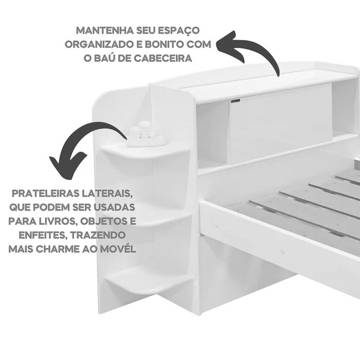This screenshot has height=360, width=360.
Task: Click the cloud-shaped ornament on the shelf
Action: coord(146,135)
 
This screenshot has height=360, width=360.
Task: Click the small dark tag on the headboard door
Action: coord(235,102)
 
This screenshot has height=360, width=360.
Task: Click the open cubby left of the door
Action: coord(212,134)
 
